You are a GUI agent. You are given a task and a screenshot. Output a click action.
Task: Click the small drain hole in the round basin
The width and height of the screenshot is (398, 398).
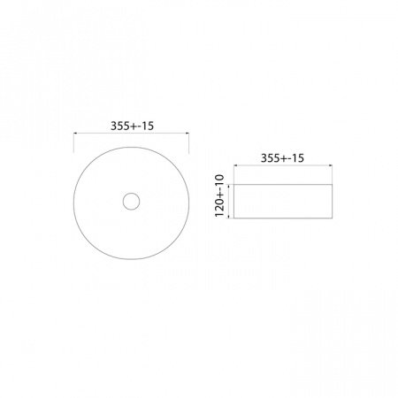(131, 201)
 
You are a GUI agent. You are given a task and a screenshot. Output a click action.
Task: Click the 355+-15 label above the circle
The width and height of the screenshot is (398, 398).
(131, 125)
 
